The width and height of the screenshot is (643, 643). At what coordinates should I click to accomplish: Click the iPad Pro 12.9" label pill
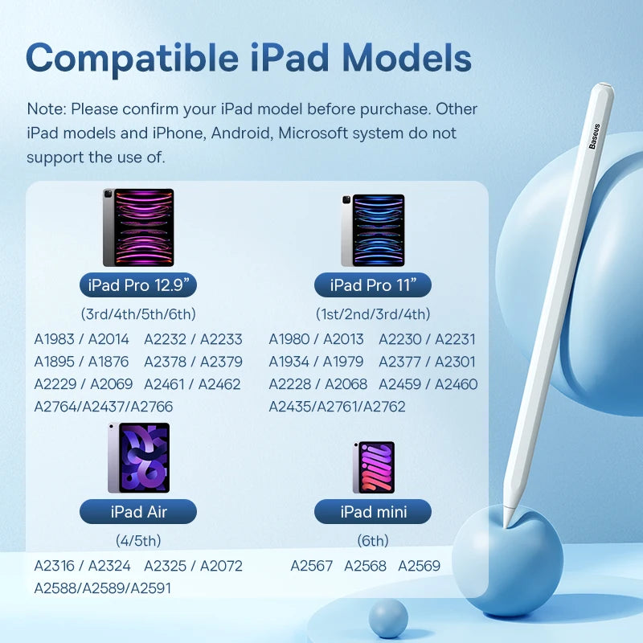point(138,285)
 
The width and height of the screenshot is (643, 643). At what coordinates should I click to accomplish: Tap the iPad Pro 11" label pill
point(373,285)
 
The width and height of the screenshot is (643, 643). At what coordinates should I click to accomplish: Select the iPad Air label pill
point(138,511)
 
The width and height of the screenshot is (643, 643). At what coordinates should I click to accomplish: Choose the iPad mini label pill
point(373,511)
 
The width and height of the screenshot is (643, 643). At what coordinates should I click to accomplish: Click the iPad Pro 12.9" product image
point(138,227)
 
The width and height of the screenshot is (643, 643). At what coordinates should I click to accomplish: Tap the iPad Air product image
point(138,458)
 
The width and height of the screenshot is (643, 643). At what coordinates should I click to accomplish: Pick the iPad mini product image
point(373,467)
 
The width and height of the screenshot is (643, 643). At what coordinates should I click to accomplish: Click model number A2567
point(311,566)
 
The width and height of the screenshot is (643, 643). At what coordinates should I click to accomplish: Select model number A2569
point(419,566)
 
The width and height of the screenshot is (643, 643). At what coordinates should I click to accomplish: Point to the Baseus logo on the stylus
point(594,136)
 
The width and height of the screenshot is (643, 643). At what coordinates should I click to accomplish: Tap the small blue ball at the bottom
point(389,619)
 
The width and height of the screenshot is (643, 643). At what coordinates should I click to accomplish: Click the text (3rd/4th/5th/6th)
point(138,314)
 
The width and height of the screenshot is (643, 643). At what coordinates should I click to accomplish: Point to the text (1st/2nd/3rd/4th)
point(373,314)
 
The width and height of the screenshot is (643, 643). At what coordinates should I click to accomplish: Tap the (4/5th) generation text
point(138,541)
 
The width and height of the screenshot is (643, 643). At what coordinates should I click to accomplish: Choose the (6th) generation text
point(373,541)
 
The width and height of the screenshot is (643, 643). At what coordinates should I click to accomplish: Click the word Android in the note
point(239,133)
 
